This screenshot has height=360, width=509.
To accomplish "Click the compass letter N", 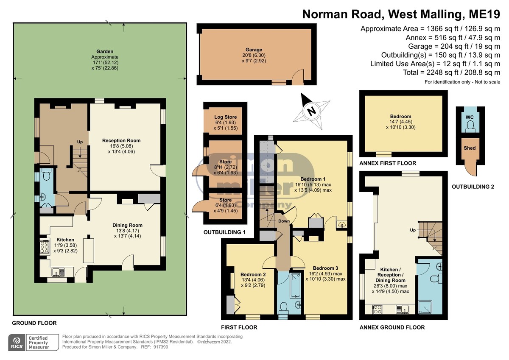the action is [311, 111].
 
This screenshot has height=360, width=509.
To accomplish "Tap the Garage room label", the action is [254, 50].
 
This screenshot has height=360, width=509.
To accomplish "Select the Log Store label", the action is [225, 117].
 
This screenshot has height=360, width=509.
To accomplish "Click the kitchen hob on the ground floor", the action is [45, 247].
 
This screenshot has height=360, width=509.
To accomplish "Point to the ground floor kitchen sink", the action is [58, 272].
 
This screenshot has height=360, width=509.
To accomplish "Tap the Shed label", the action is [470, 148].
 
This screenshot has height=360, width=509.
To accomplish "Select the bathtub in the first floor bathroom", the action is [295, 286].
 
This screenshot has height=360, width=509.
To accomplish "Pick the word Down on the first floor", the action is [284, 221].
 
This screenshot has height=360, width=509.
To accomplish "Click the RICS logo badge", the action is [17, 343].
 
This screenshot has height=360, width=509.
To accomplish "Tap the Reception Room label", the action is [121, 141].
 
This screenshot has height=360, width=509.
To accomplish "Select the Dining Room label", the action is [128, 225].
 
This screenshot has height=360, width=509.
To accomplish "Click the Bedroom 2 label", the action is [253, 275].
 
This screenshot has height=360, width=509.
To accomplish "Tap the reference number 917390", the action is [161, 347].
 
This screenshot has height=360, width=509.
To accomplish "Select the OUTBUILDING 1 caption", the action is [224, 232].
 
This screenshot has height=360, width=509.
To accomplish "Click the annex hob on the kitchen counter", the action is [378, 310].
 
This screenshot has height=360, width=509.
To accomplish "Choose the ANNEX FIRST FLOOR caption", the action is [388, 163].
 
